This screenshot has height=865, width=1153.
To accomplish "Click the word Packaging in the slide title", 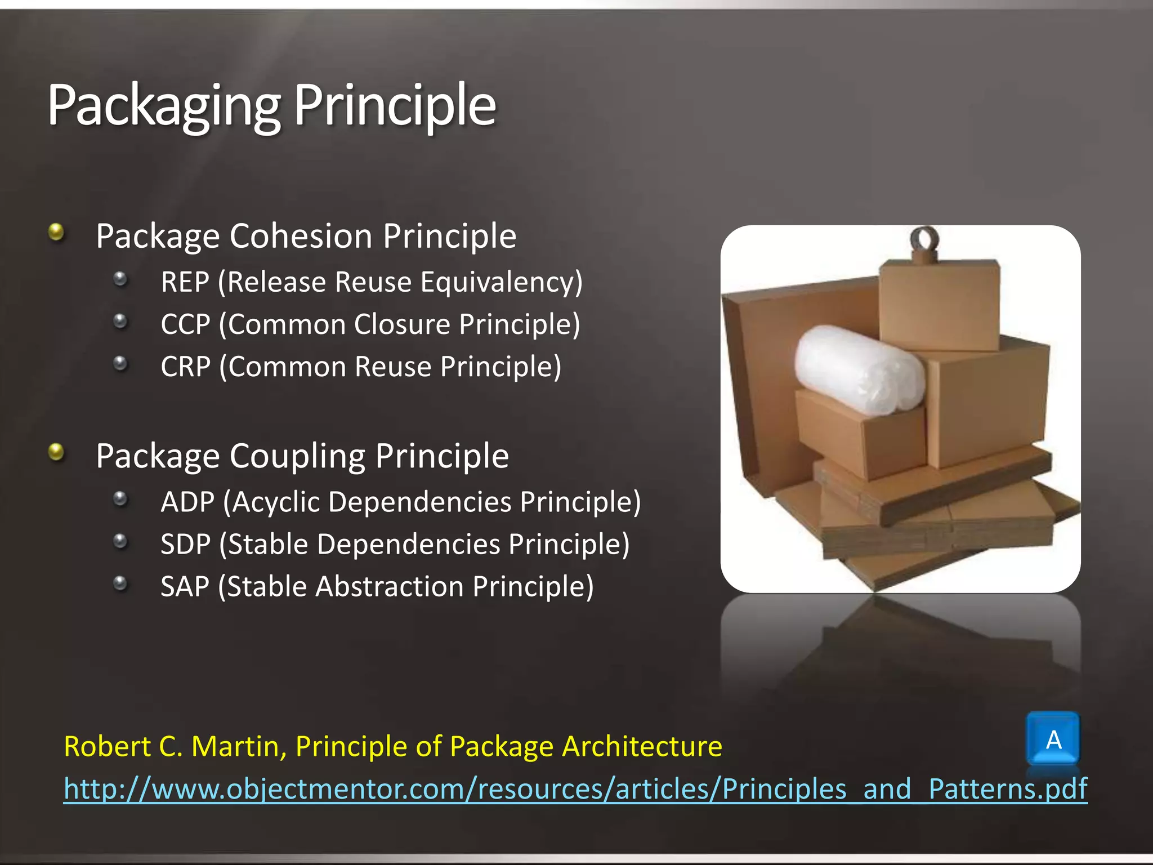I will point(163,106).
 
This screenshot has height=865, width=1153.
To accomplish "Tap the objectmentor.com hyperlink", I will point(574,788).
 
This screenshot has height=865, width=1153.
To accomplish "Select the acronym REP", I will point(185,282).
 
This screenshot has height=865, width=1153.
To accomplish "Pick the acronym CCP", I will point(185,324).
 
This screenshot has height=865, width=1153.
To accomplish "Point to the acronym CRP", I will point(185,367).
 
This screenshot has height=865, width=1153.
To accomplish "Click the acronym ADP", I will point(187,502).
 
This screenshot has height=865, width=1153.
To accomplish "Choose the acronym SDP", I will point(185,544).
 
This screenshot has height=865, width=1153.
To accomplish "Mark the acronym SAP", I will point(185,586).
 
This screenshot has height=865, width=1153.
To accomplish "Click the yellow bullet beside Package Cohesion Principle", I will point(56,231).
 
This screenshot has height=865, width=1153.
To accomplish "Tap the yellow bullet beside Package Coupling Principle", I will point(56,451).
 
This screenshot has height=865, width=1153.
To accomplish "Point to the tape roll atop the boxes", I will point(925,240).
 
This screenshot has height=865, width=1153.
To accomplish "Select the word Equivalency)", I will point(501,282).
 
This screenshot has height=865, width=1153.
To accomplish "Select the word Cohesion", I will point(301,236).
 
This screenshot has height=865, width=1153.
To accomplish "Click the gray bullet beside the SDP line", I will point(120,541).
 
